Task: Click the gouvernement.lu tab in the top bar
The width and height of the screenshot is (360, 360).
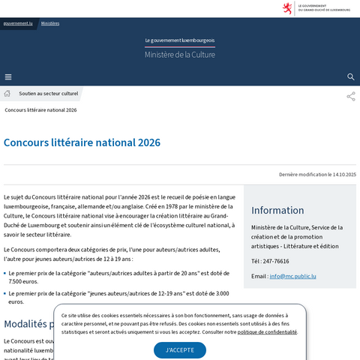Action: click(18, 23)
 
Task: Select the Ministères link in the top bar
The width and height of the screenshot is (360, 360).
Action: click(50, 23)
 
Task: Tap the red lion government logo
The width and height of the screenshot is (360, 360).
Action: click(286, 8)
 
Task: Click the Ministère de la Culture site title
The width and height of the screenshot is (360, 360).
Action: click(180, 55)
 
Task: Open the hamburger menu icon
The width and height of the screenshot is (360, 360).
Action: click(8, 76)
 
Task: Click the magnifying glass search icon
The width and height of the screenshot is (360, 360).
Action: click(351, 76)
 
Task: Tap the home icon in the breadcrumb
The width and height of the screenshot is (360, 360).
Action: click(7, 94)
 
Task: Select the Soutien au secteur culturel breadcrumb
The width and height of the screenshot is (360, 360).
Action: click(49, 94)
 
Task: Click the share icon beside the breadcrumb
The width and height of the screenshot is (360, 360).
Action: click(350, 96)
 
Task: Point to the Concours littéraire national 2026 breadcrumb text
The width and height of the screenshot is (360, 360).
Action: click(40, 110)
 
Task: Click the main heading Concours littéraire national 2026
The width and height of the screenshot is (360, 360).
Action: click(82, 142)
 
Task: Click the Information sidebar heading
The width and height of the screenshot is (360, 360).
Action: click(277, 210)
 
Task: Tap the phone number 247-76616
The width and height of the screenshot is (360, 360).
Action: click(275, 261)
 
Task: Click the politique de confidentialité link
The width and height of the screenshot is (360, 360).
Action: click(267, 331)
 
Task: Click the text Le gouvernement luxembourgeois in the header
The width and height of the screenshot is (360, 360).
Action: click(180, 40)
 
